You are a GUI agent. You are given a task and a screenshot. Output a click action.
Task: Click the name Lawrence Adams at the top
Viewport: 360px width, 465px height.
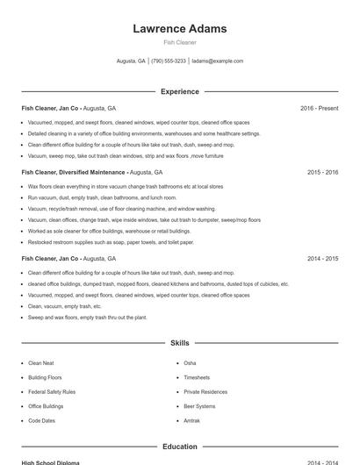[179, 29]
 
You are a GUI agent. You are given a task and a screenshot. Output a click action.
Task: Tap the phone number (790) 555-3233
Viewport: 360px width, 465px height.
[169, 61]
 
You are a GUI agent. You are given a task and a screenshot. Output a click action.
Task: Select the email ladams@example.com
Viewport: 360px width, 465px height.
[217, 61]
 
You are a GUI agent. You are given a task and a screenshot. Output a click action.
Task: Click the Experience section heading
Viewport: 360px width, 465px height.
[179, 91]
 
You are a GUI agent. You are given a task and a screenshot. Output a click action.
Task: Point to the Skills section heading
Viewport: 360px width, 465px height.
[179, 343]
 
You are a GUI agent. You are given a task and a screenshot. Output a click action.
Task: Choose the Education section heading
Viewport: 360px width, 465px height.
[179, 447]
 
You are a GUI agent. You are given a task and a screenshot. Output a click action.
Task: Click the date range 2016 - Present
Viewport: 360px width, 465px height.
[319, 108]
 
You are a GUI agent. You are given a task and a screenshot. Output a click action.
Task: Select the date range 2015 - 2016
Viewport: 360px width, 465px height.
[322, 173]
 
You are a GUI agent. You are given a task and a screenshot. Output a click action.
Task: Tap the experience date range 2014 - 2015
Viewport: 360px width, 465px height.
[322, 259]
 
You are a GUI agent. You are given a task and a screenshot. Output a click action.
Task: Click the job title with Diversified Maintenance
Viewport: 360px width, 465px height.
[74, 173]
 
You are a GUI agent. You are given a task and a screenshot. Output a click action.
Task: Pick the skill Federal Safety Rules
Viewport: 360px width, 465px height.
[52, 391]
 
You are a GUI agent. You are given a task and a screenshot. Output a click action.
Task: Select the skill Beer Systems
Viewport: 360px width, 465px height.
[199, 406]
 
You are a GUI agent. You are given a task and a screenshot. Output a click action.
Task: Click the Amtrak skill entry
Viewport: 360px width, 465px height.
[192, 421]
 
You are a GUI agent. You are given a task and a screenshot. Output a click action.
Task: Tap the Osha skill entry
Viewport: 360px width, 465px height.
[190, 362]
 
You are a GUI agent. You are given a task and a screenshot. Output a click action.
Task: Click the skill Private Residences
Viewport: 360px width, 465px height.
[205, 391]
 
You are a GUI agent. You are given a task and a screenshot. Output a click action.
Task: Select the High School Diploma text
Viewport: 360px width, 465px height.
[50, 462]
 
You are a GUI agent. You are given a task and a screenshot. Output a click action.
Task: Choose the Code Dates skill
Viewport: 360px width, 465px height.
[41, 421]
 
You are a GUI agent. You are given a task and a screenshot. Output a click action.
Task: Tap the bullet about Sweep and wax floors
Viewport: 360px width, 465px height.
[87, 318]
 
